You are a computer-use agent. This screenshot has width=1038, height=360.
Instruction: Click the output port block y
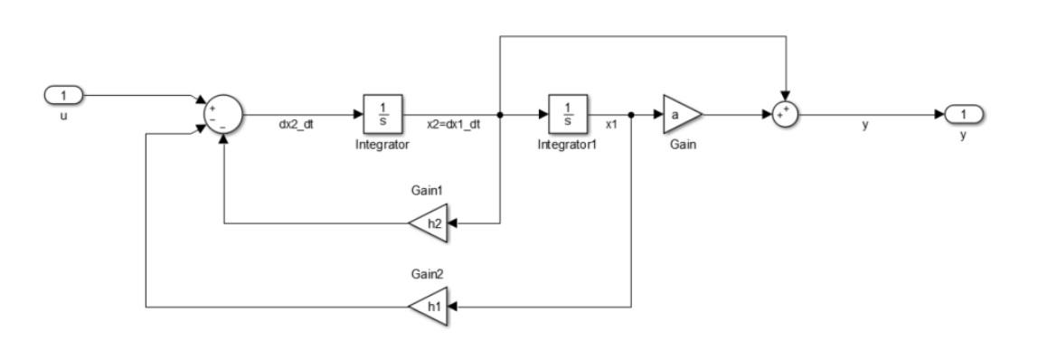(x=964, y=116)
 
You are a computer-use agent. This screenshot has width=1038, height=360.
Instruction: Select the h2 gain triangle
(x=429, y=222)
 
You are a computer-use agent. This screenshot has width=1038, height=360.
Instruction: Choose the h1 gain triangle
(x=429, y=308)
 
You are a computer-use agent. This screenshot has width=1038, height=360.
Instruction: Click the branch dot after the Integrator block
(x=500, y=116)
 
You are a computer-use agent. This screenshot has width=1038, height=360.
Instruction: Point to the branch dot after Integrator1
(x=630, y=116)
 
